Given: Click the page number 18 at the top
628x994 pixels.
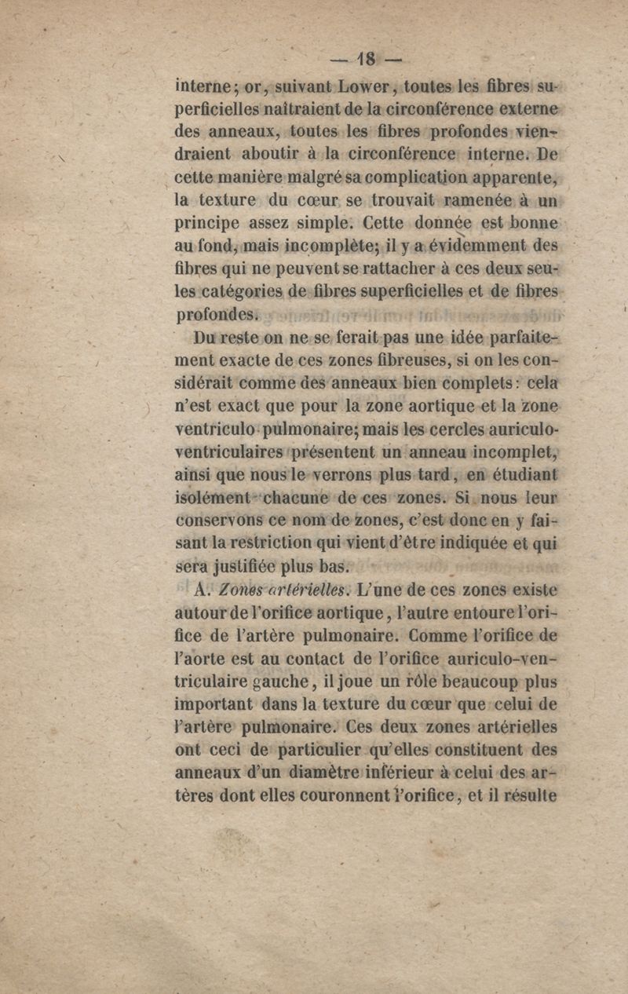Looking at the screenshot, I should click(366, 60).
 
